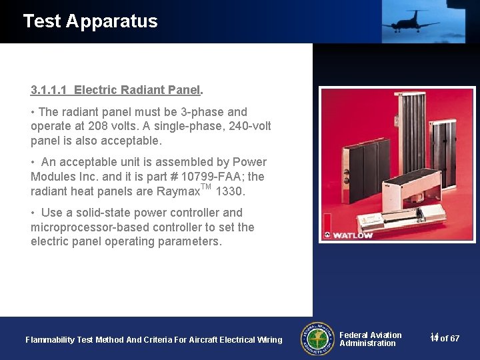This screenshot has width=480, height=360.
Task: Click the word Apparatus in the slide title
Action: pyautogui.click(x=112, y=21)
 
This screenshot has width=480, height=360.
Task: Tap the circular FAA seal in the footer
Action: pyautogui.click(x=317, y=339)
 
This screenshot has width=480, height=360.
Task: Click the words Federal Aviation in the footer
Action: pyautogui.click(x=370, y=335)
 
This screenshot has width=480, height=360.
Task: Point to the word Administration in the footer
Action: pyautogui.click(x=367, y=343)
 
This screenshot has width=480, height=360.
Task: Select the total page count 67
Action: pyautogui.click(x=454, y=339)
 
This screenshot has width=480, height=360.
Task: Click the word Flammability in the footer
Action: pyautogui.click(x=50, y=340)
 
